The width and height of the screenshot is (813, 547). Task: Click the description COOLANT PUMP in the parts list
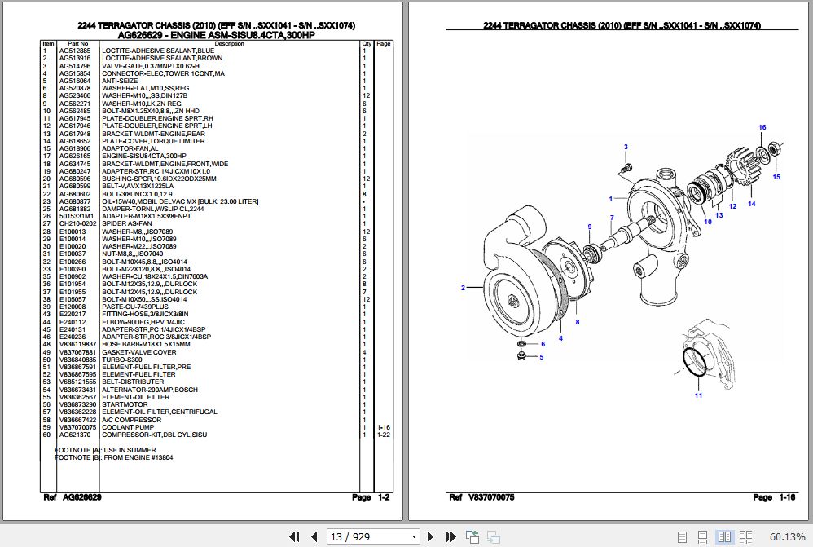click(x=127, y=427)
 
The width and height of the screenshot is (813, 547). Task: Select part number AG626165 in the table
click(x=75, y=156)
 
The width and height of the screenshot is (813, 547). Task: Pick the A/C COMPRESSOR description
click(x=131, y=420)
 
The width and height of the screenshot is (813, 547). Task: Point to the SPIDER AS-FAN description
click(x=126, y=223)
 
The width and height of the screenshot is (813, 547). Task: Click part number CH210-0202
click(x=77, y=223)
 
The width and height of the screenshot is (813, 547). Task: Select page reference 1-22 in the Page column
click(x=384, y=435)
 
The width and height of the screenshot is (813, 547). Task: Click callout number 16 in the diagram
click(x=762, y=127)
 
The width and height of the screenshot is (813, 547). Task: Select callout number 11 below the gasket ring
click(x=698, y=395)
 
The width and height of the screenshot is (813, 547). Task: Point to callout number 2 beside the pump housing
click(x=463, y=288)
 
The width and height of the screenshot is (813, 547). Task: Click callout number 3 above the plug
click(x=626, y=147)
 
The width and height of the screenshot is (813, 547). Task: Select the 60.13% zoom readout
click(x=787, y=536)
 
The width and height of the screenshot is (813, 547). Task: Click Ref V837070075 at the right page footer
click(x=481, y=497)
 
